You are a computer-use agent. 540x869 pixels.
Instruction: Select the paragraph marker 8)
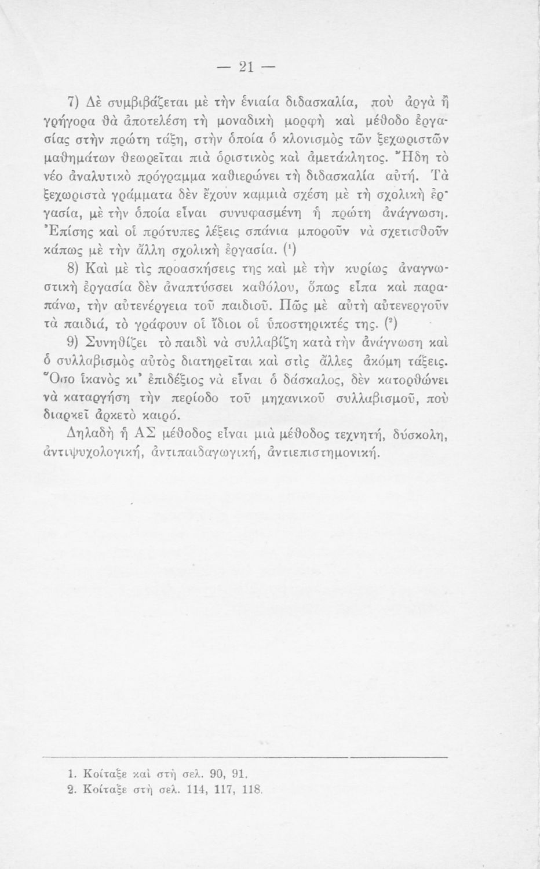coord(74,270)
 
